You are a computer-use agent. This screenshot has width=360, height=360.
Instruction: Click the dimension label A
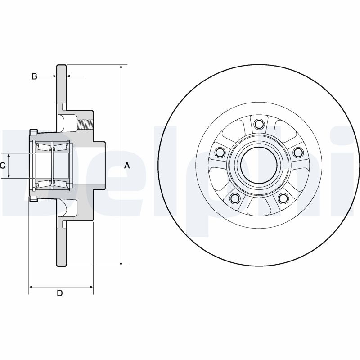127,166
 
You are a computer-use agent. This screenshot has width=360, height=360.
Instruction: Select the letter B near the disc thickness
34,76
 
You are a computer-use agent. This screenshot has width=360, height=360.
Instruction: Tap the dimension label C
3,166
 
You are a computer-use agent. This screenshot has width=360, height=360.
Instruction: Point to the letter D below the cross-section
59,293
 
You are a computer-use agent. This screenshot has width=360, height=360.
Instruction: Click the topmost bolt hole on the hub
258,124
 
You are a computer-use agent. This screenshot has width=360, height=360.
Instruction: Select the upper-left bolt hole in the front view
220,152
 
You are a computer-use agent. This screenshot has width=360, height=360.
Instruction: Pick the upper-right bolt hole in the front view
297,153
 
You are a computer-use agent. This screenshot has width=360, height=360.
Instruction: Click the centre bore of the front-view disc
258,165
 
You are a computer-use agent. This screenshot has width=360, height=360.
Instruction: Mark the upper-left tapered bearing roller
43,147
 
